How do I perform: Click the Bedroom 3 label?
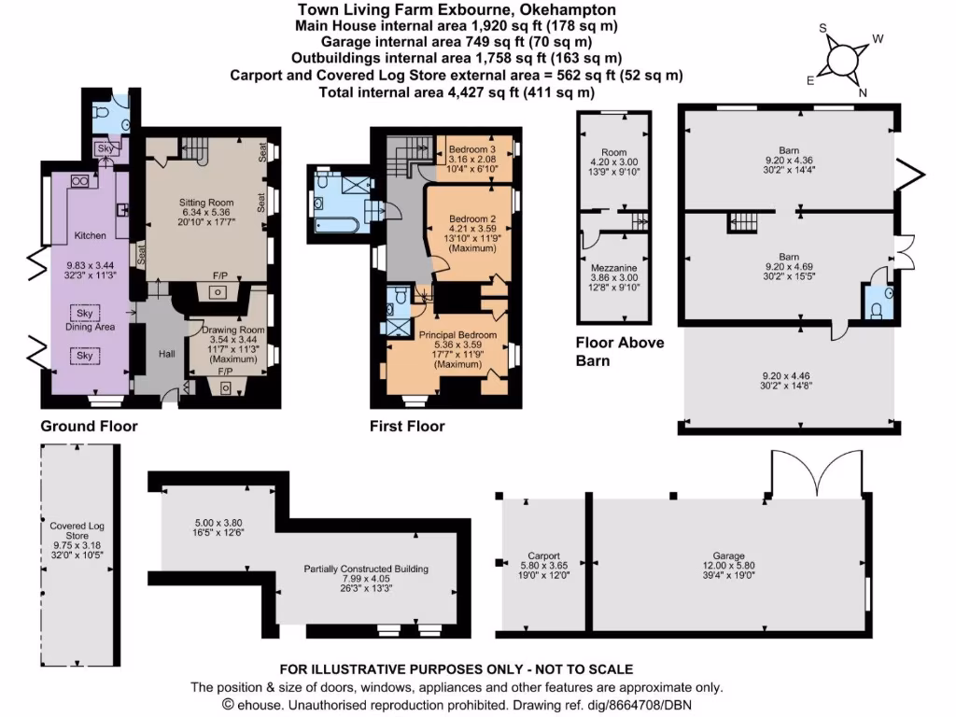click(x=471, y=149)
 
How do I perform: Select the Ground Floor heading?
click(x=89, y=427)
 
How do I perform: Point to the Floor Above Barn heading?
click(x=620, y=351)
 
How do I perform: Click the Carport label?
click(x=543, y=555)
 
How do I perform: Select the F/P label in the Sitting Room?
click(x=221, y=276)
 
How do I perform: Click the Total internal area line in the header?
click(x=457, y=92)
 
